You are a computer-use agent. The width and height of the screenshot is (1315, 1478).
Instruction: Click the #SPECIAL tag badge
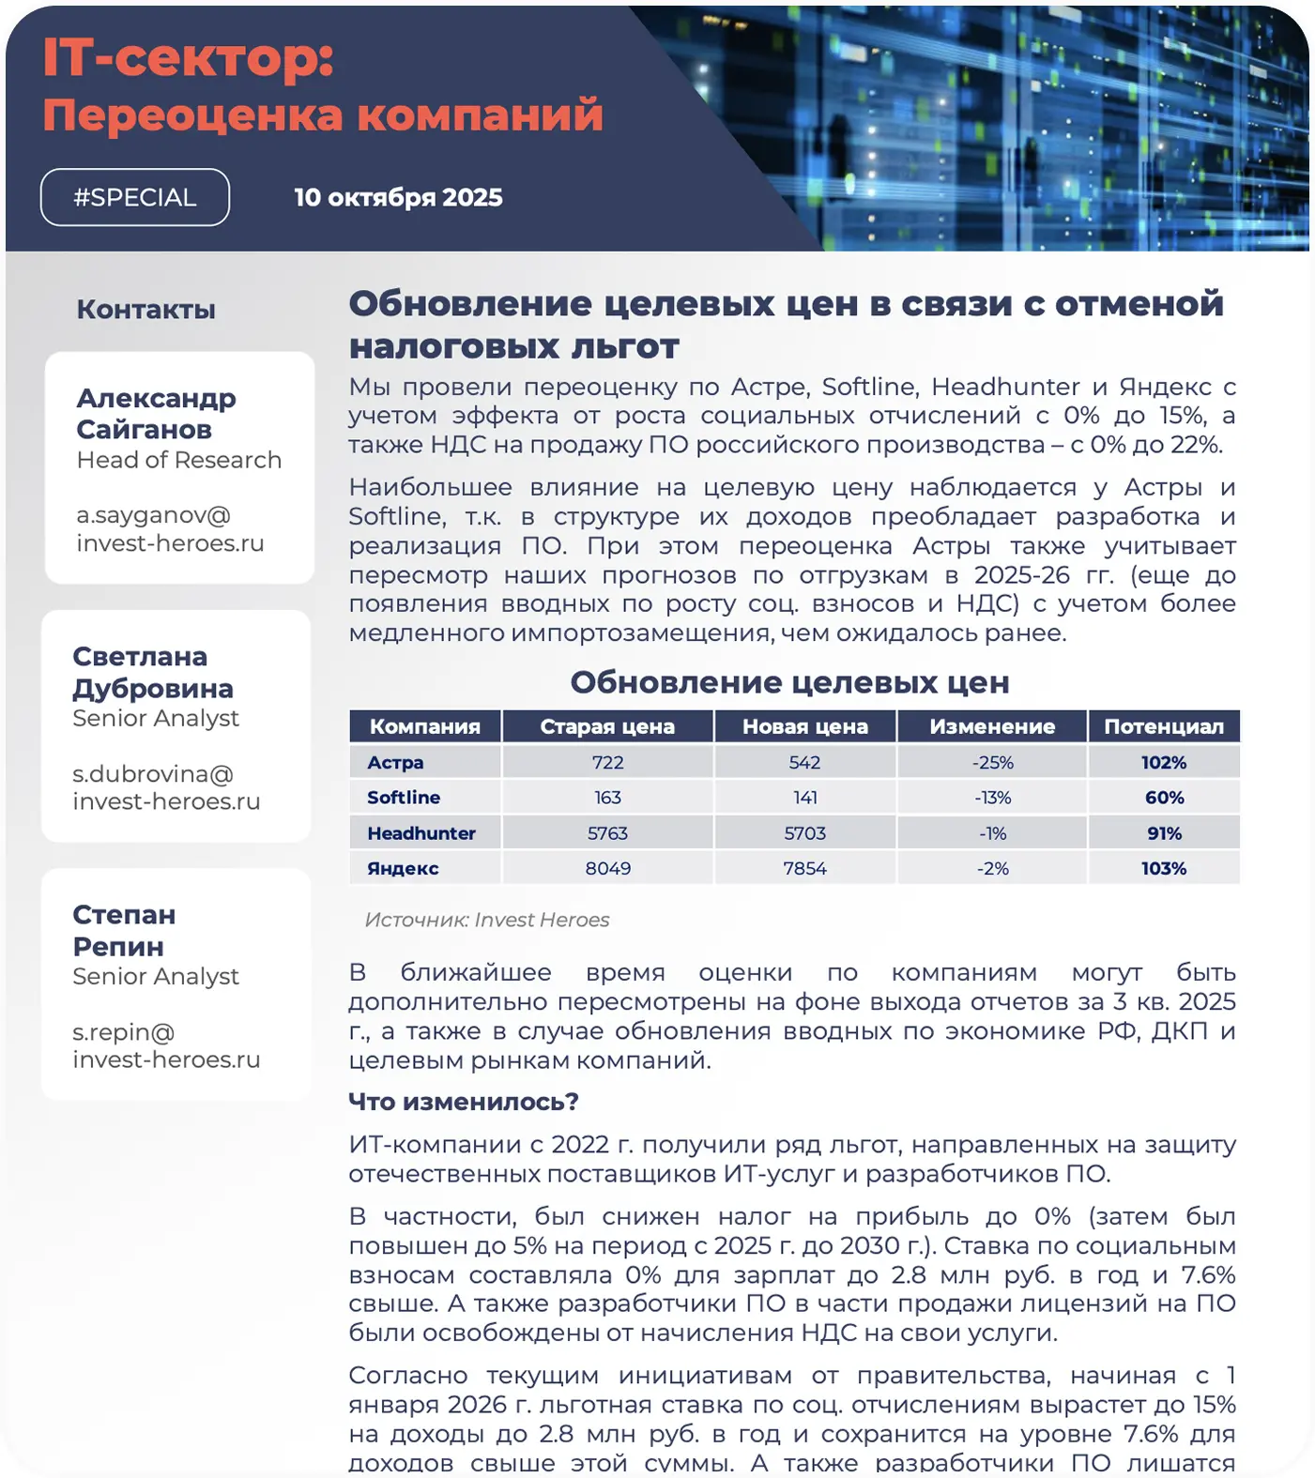tap(135, 197)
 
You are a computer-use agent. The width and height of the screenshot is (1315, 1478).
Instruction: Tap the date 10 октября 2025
tap(398, 197)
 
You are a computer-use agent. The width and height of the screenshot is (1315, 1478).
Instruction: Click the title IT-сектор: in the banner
tap(189, 58)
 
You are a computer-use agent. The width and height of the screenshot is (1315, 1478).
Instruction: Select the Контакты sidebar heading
tap(145, 309)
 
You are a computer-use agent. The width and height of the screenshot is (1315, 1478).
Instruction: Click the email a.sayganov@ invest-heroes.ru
tap(170, 529)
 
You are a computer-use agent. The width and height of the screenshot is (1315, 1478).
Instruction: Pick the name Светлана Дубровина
tap(153, 672)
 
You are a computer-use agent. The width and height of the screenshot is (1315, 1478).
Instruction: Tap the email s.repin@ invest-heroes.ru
tap(166, 1045)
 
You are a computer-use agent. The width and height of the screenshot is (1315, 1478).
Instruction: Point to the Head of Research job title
tap(178, 460)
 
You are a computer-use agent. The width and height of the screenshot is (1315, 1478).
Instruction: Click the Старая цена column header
tap(607, 726)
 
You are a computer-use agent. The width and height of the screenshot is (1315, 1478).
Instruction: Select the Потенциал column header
tap(1164, 726)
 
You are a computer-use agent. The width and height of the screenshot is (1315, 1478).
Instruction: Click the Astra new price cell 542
tap(804, 762)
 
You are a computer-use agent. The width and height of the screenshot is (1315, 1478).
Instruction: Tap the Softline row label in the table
tap(404, 798)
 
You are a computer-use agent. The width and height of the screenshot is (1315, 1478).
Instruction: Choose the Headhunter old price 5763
tap(607, 833)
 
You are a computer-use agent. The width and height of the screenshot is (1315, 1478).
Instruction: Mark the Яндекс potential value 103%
tap(1164, 868)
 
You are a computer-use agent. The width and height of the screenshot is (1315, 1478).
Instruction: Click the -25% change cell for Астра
tap(992, 762)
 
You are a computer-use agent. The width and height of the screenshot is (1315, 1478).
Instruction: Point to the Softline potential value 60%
tap(1164, 798)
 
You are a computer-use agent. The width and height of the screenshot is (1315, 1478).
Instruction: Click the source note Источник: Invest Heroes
tap(486, 920)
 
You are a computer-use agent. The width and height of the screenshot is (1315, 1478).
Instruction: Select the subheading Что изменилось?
tap(464, 1101)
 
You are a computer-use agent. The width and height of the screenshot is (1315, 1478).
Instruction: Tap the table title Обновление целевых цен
tap(789, 682)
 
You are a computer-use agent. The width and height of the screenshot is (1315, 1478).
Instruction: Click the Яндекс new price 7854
tap(804, 868)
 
